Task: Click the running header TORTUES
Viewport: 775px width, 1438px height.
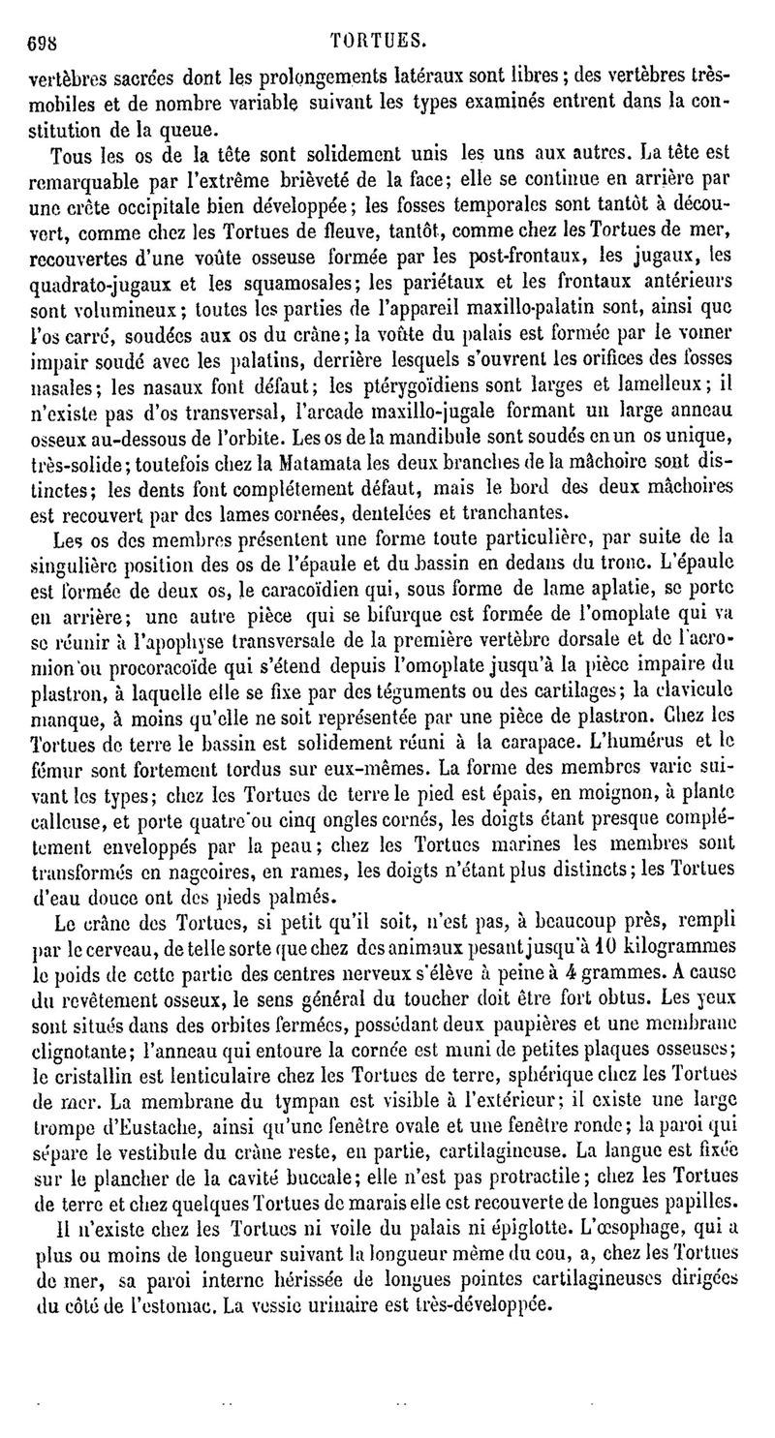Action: point(378,41)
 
